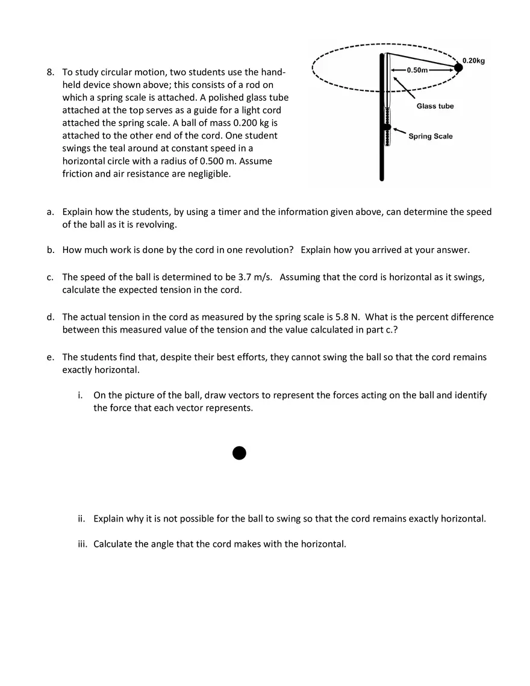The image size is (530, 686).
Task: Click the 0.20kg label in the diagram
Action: pyautogui.click(x=473, y=60)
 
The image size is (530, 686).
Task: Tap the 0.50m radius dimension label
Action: pyautogui.click(x=417, y=70)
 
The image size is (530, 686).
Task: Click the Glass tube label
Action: pyautogui.click(x=435, y=106)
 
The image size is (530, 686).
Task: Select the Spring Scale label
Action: pyautogui.click(x=430, y=136)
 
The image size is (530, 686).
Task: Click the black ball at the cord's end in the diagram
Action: pyautogui.click(x=458, y=68)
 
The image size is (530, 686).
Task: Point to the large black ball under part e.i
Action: pyautogui.click(x=239, y=453)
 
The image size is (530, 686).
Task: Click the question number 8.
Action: pyautogui.click(x=51, y=73)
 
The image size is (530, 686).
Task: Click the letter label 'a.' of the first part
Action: pyautogui.click(x=51, y=212)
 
